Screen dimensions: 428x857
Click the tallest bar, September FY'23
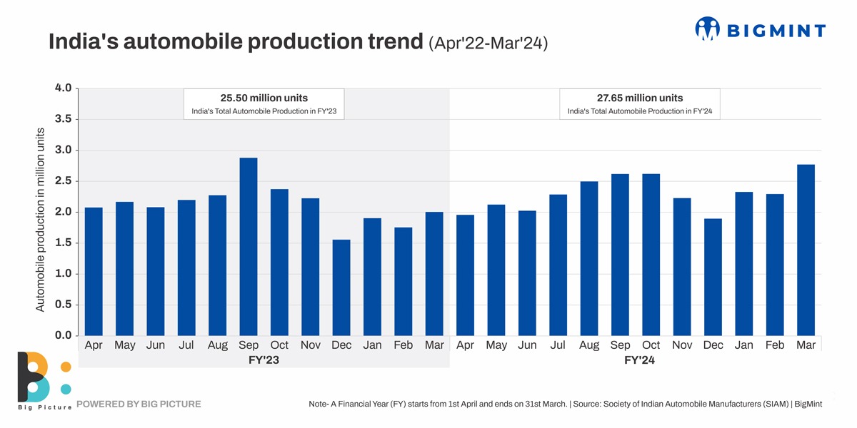pyautogui.click(x=249, y=247)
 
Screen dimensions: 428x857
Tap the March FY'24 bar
pyautogui.click(x=806, y=250)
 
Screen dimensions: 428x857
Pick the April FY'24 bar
pyautogui.click(x=465, y=275)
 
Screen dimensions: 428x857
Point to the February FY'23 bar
pyautogui.click(x=404, y=282)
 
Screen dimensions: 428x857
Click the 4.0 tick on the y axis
pyautogui.click(x=63, y=88)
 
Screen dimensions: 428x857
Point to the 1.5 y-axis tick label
pyautogui.click(x=63, y=243)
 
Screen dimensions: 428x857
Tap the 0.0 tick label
pyautogui.click(x=63, y=335)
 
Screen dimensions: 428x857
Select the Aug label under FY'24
pyautogui.click(x=589, y=345)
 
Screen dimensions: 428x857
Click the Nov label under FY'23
pyautogui.click(x=310, y=345)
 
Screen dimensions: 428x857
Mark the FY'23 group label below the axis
pyautogui.click(x=263, y=360)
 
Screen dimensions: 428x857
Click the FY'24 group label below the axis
pyautogui.click(x=639, y=360)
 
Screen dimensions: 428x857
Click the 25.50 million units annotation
pyautogui.click(x=264, y=98)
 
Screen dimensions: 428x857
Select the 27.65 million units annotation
pyautogui.click(x=639, y=98)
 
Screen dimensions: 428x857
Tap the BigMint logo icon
pyautogui.click(x=708, y=29)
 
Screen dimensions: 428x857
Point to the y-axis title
pyautogui.click(x=41, y=219)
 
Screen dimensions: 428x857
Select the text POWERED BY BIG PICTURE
pyautogui.click(x=139, y=404)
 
